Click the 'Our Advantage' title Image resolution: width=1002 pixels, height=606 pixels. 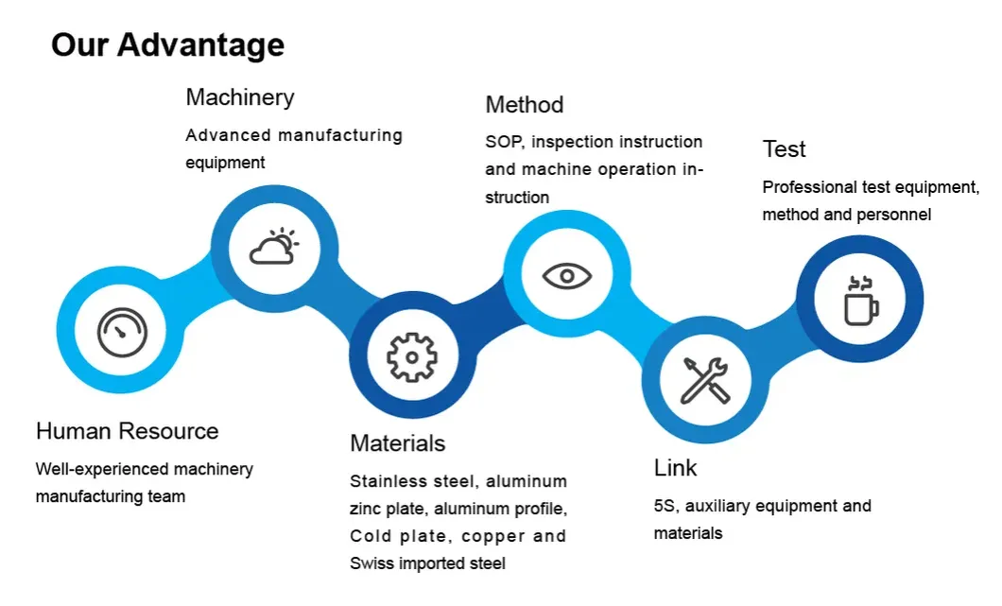(167, 44)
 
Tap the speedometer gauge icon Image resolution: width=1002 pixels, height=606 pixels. (123, 332)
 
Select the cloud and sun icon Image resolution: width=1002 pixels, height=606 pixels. (274, 248)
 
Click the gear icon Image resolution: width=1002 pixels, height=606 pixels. (412, 356)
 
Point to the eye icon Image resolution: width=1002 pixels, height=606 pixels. (567, 275)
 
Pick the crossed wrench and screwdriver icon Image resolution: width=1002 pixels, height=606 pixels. (705, 379)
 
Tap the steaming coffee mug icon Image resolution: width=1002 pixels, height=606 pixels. (860, 300)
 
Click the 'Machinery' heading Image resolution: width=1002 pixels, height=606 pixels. (239, 97)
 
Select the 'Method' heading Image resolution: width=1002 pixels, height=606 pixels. (524, 105)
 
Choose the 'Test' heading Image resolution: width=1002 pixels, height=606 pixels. (784, 149)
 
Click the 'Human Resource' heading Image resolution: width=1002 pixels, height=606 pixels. (127, 431)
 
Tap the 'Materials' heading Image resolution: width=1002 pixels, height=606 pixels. (397, 443)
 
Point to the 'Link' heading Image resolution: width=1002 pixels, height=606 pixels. (675, 468)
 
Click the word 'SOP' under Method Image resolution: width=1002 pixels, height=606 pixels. (504, 142)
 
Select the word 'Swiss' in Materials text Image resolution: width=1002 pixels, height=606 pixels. (371, 563)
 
